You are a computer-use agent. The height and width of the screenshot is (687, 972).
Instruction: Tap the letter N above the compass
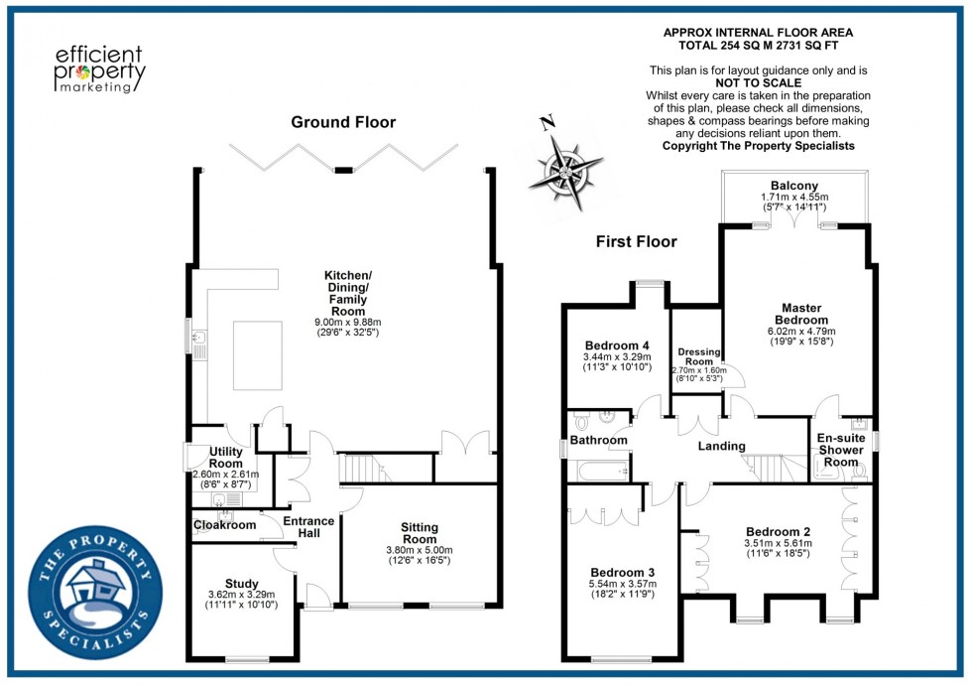point(545,124)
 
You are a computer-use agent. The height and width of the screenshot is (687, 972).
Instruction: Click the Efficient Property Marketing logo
point(98,69)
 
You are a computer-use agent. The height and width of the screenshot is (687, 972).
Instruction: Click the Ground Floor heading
point(343,122)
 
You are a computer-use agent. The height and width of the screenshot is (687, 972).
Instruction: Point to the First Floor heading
point(636,241)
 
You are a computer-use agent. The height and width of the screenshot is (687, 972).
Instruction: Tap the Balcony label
point(794,186)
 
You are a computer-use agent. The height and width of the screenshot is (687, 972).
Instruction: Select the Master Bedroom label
point(803,314)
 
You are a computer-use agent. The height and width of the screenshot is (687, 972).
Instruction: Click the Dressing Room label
point(699,356)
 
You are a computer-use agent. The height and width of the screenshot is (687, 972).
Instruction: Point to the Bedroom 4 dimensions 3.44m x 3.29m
point(616,356)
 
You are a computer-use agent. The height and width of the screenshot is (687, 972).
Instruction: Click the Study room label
point(241,583)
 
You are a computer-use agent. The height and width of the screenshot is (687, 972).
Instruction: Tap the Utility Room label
point(225,457)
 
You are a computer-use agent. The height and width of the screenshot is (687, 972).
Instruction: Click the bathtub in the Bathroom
point(596,470)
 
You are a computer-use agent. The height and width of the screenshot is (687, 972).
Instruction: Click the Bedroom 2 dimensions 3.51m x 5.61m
point(777,543)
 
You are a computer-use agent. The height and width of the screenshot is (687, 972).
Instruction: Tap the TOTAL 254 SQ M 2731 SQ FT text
point(758,46)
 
